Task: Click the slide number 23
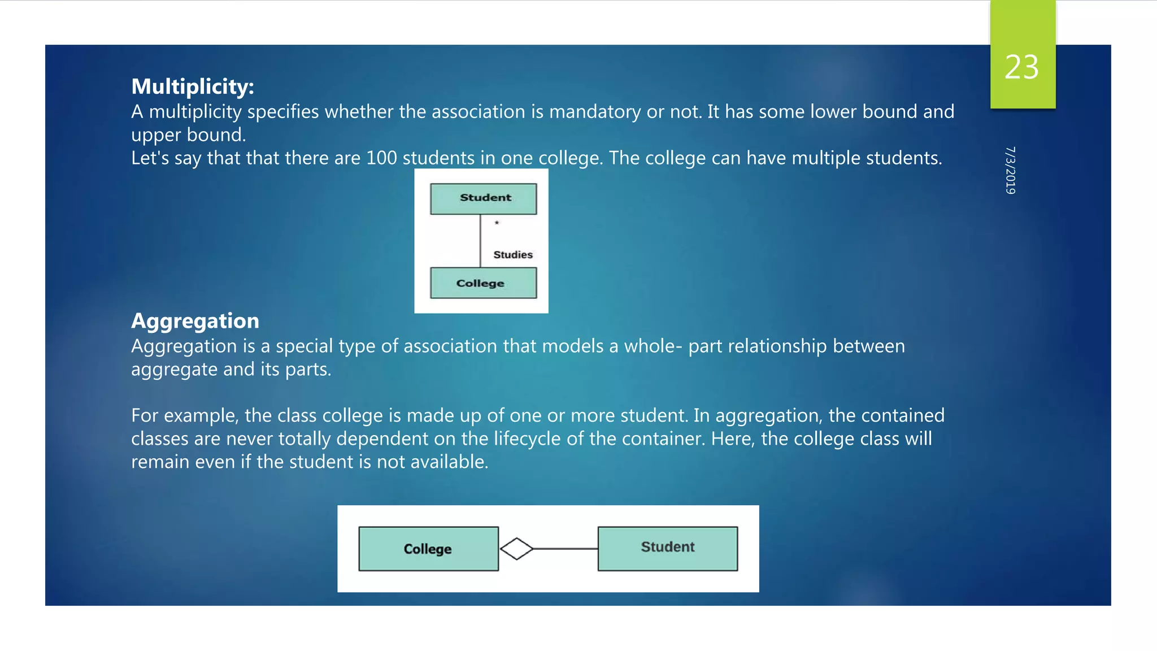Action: (1021, 67)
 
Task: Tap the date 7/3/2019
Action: (1010, 170)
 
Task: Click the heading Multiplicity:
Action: (193, 86)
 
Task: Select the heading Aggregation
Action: (195, 321)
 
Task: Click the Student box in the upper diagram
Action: (483, 198)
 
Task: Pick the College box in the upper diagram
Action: (483, 283)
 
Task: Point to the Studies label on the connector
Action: (512, 255)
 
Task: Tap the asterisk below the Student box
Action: (497, 223)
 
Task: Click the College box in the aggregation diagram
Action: (428, 549)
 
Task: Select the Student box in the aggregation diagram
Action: (667, 548)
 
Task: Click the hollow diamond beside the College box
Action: (516, 549)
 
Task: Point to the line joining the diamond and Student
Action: (565, 549)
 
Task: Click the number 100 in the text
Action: (381, 158)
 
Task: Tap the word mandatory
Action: (595, 112)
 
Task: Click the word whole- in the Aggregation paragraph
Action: (653, 346)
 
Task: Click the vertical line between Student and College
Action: (480, 240)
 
